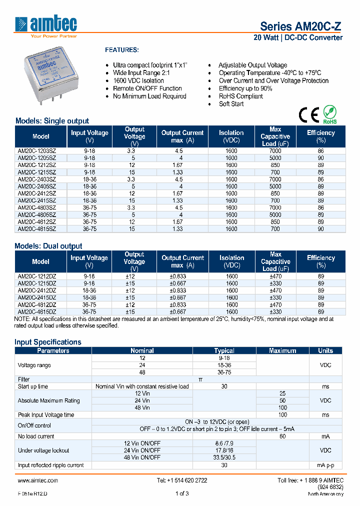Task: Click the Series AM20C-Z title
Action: (301, 27)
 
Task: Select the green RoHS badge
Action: (329, 114)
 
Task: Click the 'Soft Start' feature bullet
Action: (231, 104)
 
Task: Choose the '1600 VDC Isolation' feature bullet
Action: (138, 80)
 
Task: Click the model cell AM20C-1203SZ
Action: (37, 150)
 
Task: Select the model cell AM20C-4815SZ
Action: (37, 229)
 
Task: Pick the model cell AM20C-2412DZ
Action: (37, 290)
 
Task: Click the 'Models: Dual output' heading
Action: (48, 246)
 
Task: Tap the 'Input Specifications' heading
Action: (48, 342)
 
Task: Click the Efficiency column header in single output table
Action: (320, 136)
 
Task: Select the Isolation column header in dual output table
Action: (231, 261)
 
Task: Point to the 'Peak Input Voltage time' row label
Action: (46, 415)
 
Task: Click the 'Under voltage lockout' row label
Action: (43, 450)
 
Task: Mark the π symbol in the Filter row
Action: (200, 379)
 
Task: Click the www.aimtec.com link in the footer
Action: (38, 480)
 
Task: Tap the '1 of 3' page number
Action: (182, 494)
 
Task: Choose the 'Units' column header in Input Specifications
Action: (325, 350)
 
